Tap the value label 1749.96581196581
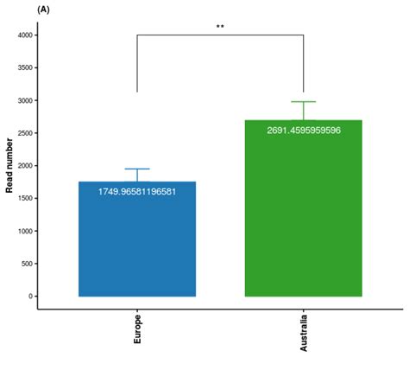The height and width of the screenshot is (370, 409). coord(137,191)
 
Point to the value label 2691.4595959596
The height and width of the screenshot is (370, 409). coord(303,131)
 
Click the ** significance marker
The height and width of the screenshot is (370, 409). coord(220,27)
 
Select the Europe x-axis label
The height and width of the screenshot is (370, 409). coord(137,329)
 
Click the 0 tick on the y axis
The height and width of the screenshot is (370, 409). coord(29,297)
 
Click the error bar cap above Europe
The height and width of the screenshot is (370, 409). coord(137,169)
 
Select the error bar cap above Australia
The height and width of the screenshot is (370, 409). coord(303,102)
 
